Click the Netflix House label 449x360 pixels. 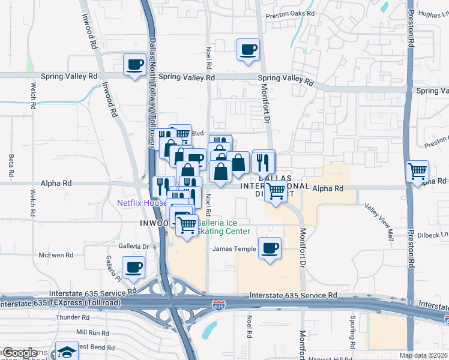click(x=142, y=203)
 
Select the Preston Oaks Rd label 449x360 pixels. click(x=291, y=13)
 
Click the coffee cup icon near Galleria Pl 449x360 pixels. click(x=133, y=267)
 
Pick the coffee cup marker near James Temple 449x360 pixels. click(x=270, y=248)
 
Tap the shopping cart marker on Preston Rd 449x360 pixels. click(x=417, y=171)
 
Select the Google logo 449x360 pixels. click(x=19, y=353)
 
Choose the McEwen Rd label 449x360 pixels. click(x=56, y=255)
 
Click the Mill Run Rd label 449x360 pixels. click(x=92, y=332)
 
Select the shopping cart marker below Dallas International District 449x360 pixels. click(x=276, y=192)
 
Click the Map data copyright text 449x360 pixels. click(x=423, y=355)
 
